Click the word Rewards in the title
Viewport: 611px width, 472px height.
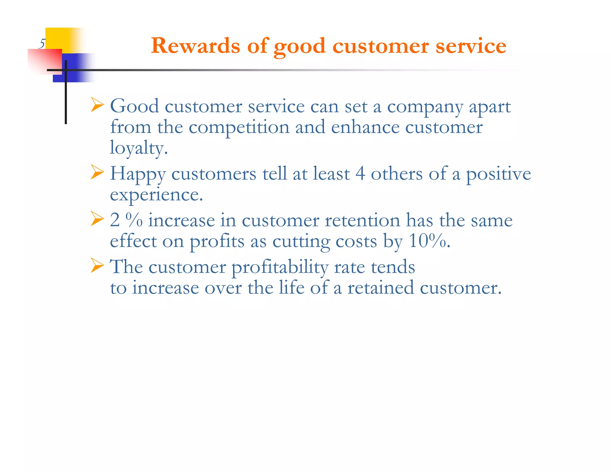pos(195,46)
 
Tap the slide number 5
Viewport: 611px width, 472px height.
pos(42,44)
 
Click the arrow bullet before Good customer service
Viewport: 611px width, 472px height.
pos(97,105)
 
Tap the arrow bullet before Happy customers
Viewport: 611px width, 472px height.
pos(97,172)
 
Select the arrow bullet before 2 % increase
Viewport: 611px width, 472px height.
pos(97,219)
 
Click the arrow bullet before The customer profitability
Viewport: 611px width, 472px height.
pos(97,266)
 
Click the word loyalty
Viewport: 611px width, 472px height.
pos(138,148)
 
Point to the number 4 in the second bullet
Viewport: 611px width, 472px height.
pos(360,173)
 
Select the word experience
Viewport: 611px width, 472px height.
pos(156,195)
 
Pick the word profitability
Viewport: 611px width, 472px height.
pos(280,267)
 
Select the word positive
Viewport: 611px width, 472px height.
pos(499,174)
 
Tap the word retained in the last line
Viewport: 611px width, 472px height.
pos(381,288)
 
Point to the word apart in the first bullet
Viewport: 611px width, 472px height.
pos(490,107)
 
